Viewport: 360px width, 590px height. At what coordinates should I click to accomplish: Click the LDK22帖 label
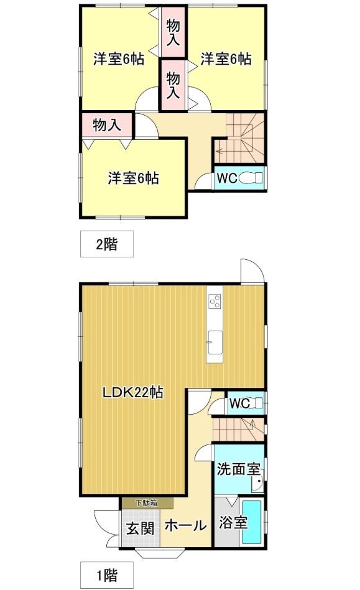click(133, 393)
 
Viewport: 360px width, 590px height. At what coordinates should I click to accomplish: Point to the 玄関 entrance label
click(140, 529)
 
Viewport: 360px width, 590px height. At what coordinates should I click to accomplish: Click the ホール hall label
click(185, 526)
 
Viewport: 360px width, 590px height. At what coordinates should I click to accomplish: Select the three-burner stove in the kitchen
click(215, 302)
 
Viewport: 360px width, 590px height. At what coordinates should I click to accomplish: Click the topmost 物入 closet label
click(173, 31)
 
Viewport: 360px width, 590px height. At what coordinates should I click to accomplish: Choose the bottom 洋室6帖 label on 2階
click(133, 178)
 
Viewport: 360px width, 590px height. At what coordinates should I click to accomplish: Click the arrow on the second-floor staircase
click(219, 149)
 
